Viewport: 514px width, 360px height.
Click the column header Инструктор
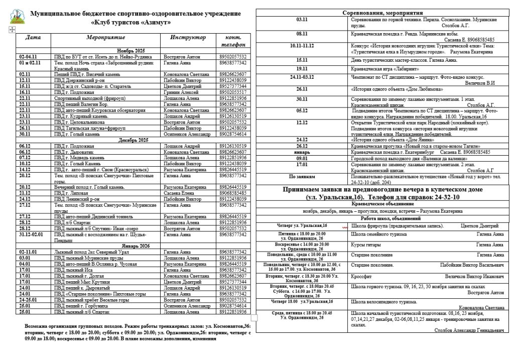pos(188,38)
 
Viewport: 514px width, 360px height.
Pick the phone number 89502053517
pos(233,92)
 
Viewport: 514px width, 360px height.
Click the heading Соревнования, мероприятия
pos(382,13)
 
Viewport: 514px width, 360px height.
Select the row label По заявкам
pos(302,177)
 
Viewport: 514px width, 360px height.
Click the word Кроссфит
pos(361,276)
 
